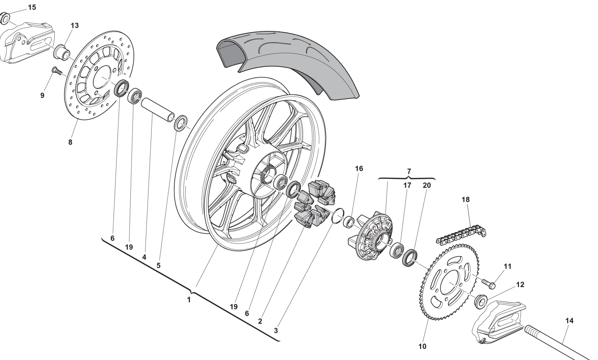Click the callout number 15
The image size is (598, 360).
click(x=32, y=7)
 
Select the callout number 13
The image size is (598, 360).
click(x=74, y=25)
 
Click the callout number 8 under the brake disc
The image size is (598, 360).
click(x=70, y=142)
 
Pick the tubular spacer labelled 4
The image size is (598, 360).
click(x=158, y=110)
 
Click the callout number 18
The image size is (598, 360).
click(x=466, y=199)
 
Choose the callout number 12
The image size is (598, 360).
click(x=520, y=285)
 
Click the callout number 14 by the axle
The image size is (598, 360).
click(x=569, y=321)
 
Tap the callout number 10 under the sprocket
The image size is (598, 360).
click(x=422, y=346)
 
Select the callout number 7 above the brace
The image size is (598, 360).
click(x=409, y=171)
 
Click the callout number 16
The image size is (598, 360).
click(x=359, y=169)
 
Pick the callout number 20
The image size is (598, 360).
click(x=427, y=185)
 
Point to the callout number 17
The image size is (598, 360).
click(x=407, y=185)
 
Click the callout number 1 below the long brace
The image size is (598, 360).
click(x=189, y=300)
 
